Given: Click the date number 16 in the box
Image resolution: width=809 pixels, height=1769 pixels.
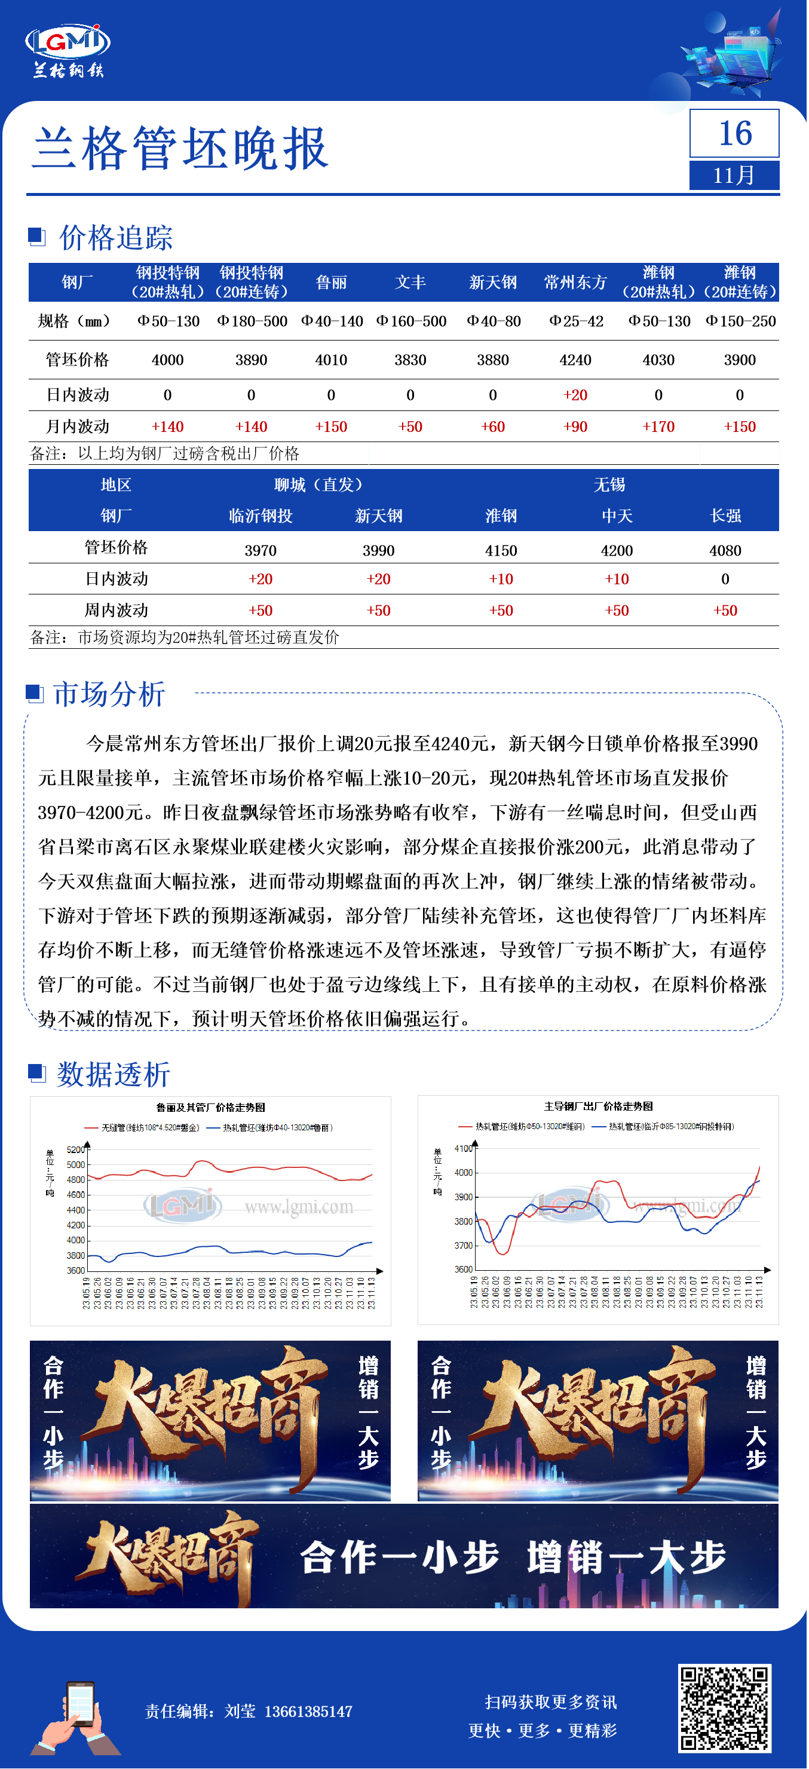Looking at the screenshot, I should click(x=734, y=133).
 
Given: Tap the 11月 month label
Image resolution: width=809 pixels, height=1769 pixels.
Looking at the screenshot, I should click(x=734, y=176).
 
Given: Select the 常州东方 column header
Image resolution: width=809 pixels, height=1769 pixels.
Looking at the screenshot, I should click(x=575, y=282).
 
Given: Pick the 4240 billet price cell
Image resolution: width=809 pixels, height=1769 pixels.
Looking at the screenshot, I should click(x=575, y=360).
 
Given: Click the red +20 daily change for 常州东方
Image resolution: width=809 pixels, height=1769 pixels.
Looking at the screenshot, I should click(x=575, y=395).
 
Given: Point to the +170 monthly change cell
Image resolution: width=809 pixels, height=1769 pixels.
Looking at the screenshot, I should click(x=658, y=427).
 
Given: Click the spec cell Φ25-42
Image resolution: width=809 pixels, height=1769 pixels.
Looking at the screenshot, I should click(x=575, y=321).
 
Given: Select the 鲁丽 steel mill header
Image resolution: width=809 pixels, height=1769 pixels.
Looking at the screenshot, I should click(x=331, y=282).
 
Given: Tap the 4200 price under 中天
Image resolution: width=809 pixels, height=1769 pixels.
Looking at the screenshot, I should click(x=616, y=550).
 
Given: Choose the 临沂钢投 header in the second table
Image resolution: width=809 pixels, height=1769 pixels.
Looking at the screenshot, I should click(x=261, y=516).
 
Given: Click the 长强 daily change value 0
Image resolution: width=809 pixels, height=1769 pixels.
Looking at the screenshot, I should click(x=725, y=579).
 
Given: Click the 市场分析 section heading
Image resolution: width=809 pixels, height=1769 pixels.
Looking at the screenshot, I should click(x=109, y=694).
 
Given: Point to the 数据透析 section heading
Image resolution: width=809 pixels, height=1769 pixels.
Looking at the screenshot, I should click(x=113, y=1074).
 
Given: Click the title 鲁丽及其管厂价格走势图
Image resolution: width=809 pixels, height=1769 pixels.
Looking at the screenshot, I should click(x=210, y=1107).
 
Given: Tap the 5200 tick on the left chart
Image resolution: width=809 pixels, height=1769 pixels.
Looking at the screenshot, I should click(x=75, y=1149).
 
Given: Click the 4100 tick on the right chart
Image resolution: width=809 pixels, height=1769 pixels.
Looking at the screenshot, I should click(x=464, y=1148).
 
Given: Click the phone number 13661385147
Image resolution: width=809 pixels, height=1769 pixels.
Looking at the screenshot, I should click(x=308, y=1710).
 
